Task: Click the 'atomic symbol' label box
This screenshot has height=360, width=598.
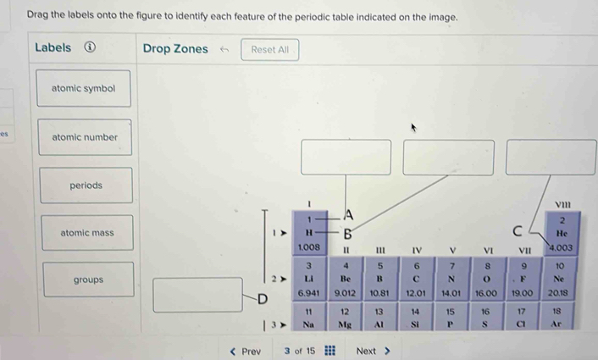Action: [84, 88]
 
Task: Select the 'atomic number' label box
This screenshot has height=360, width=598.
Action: [85, 137]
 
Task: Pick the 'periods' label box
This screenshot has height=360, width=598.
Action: [86, 186]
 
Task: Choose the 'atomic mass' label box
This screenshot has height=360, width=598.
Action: [87, 233]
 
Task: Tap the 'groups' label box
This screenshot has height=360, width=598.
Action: [88, 280]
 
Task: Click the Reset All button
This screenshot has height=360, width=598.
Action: [269, 50]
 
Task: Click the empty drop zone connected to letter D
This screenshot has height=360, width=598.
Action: [197, 295]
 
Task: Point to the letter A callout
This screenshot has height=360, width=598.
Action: [349, 215]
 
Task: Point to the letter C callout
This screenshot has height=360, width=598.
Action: [518, 231]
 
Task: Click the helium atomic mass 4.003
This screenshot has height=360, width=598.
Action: [561, 247]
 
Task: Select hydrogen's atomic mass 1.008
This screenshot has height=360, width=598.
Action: [308, 247]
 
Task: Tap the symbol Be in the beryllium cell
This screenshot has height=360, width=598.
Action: [345, 279]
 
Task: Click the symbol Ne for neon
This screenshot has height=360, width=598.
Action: [558, 279]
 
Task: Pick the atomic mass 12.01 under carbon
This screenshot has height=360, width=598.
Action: [415, 293]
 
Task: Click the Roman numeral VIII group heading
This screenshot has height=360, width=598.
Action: [562, 205]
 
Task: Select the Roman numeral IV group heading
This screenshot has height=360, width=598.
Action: [417, 251]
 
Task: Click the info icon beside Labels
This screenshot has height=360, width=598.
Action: [90, 47]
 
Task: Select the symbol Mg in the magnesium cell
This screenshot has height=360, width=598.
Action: [345, 324]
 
